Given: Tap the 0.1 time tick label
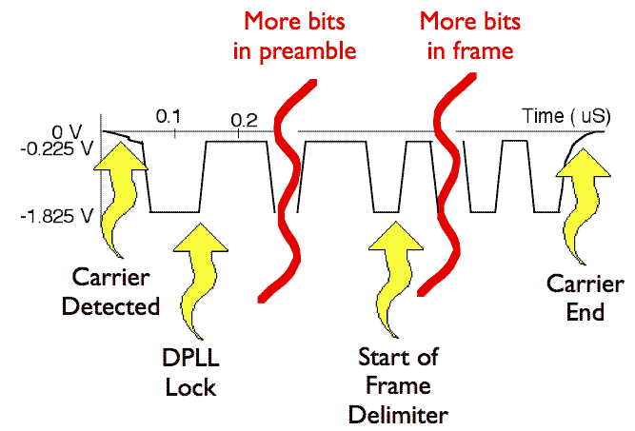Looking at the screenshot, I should click(169, 116).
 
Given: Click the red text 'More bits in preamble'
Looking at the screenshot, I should click(294, 35).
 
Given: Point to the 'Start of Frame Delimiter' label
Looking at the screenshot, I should click(396, 385).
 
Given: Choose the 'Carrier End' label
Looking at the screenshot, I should click(578, 297).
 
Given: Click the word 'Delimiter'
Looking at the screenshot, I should click(396, 414).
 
